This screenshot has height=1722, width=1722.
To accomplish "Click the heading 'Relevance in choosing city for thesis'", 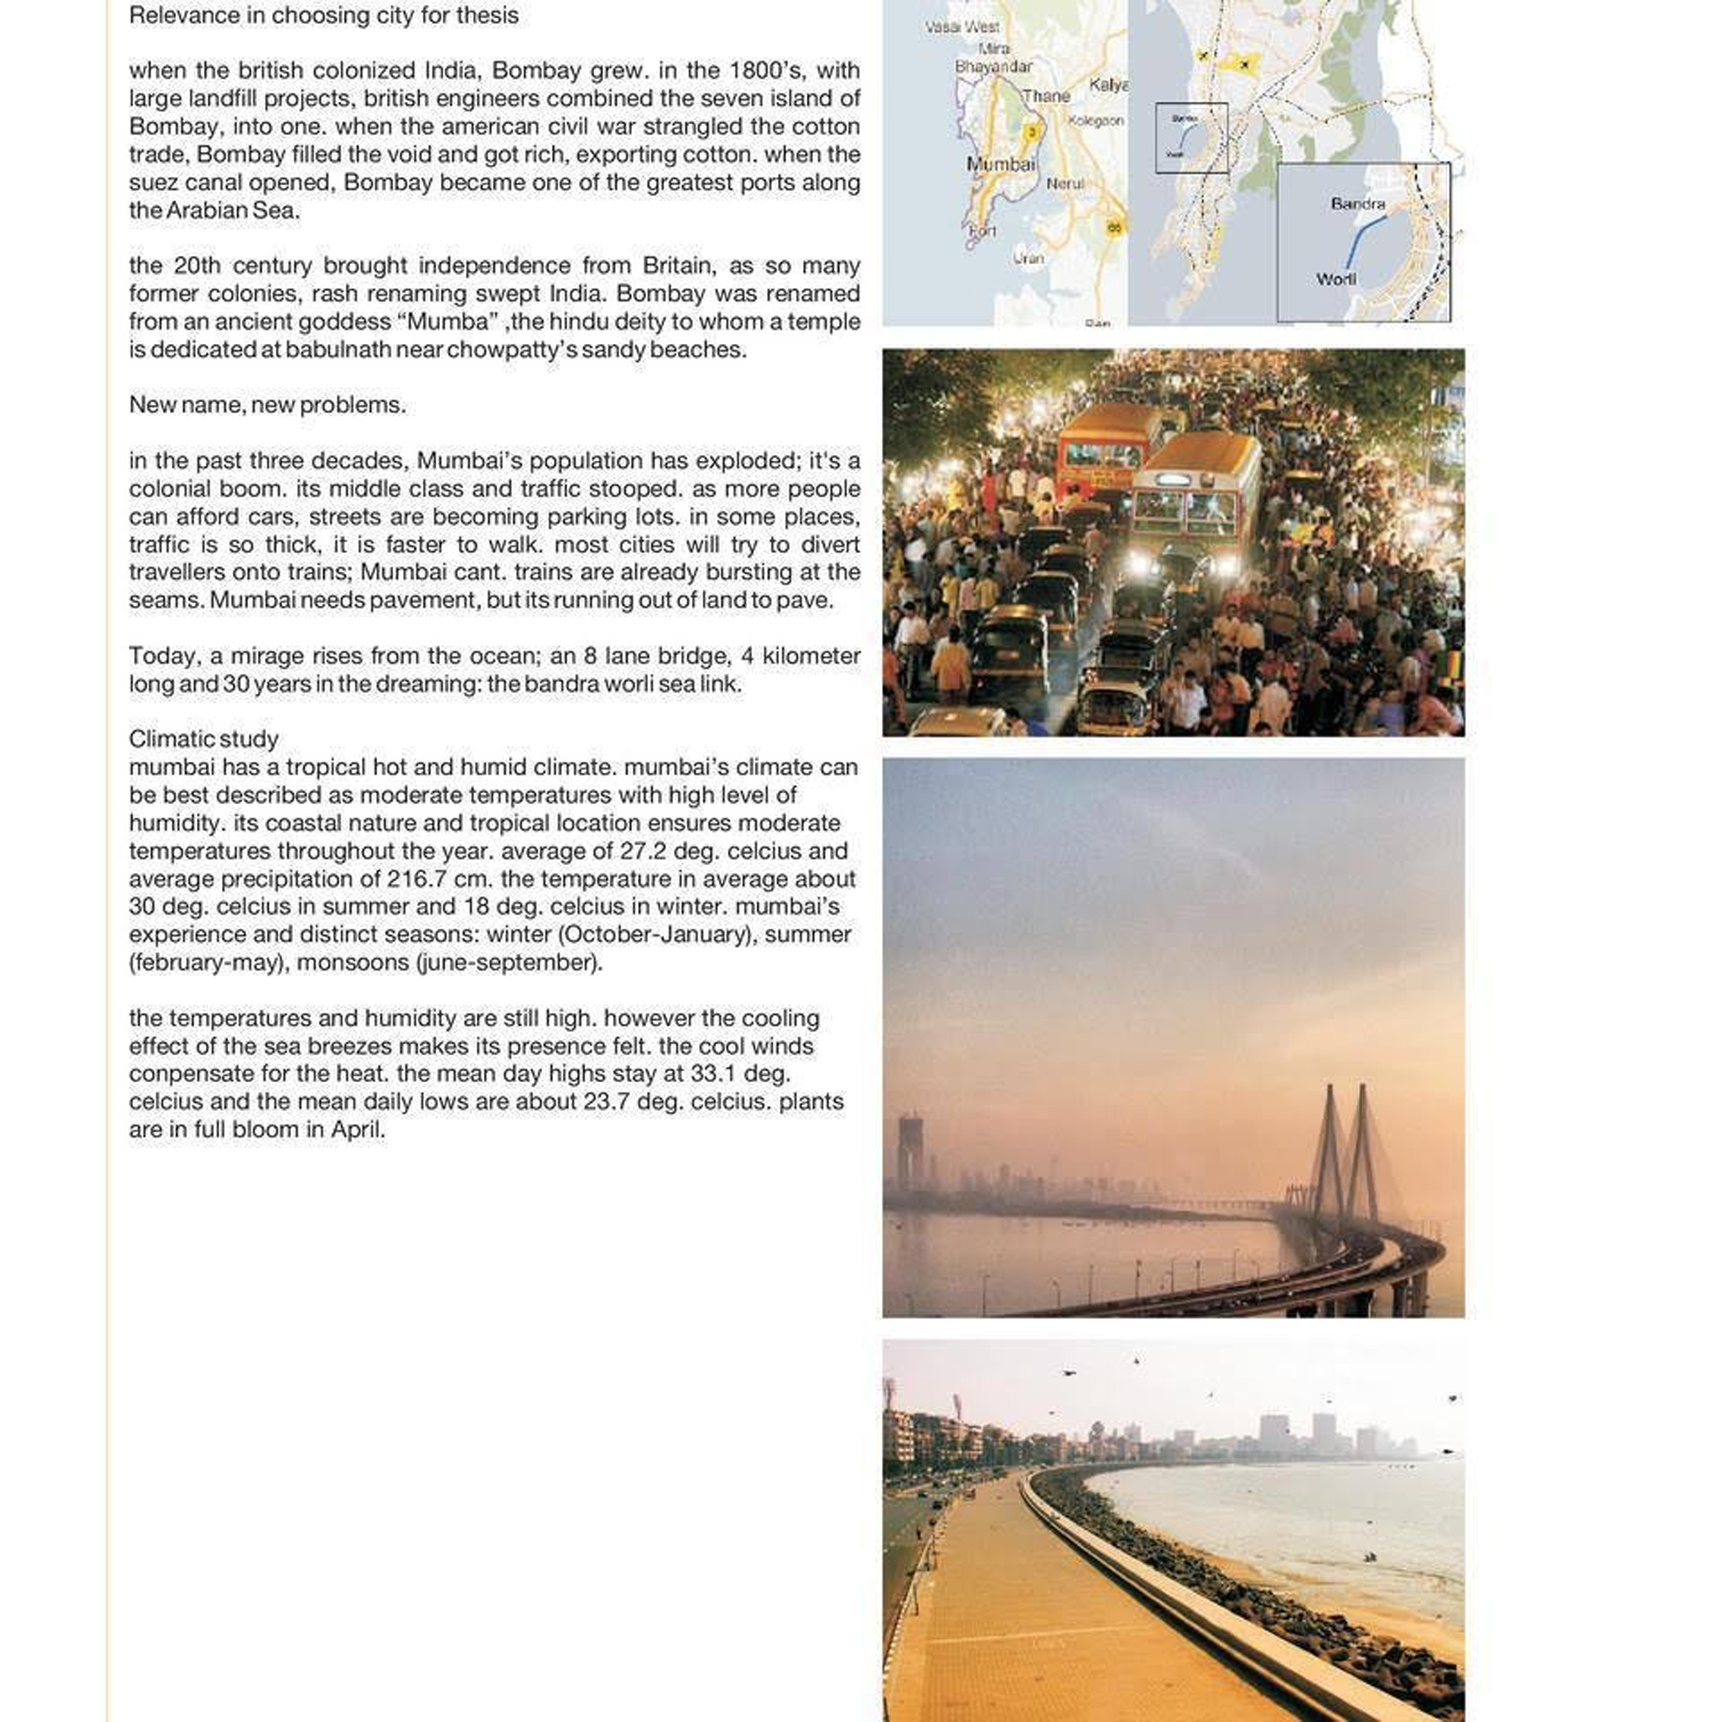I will point(323,16).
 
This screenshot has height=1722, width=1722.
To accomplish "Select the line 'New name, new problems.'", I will point(267,405).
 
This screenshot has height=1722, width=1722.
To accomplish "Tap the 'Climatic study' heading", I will point(203,739).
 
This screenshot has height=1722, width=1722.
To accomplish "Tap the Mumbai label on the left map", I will point(1001,164).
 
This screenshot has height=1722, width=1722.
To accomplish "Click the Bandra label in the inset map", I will point(1358,204).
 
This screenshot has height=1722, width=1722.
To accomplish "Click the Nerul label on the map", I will point(1064,184).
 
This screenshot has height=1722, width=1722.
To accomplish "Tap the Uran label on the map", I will point(1028,258).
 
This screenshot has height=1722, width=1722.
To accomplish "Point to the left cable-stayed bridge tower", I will point(1328,1150).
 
